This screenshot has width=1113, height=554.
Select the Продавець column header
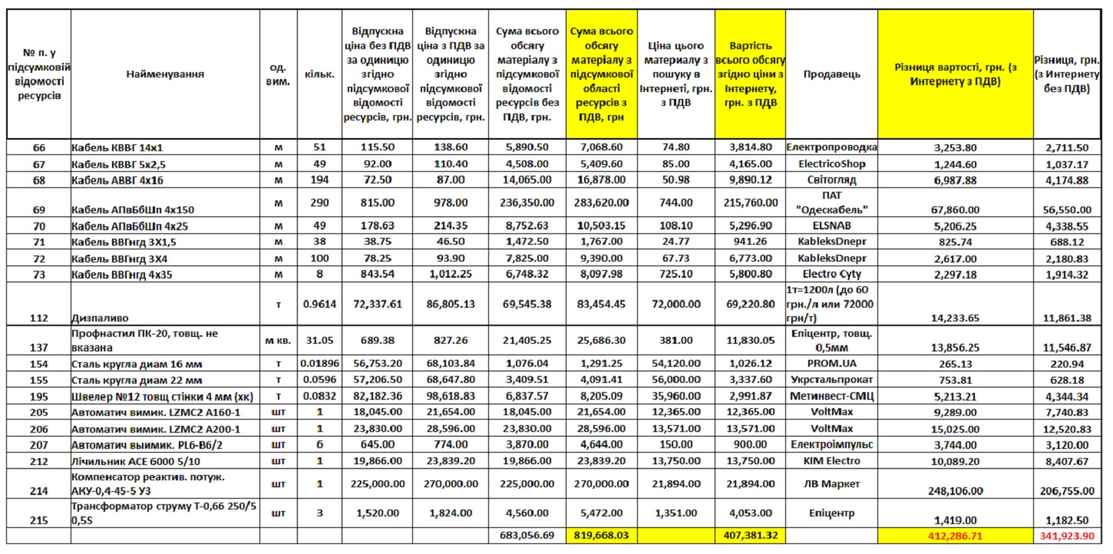click(x=832, y=74)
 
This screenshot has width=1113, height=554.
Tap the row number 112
click(x=38, y=318)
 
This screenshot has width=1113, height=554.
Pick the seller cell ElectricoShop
click(x=832, y=163)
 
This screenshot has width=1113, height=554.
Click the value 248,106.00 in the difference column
click(x=956, y=491)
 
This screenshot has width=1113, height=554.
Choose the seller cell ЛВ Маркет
click(x=832, y=483)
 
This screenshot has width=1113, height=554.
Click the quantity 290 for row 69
click(x=320, y=203)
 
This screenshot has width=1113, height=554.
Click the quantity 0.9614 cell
click(x=320, y=305)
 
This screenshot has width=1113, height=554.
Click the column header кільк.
click(x=320, y=74)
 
